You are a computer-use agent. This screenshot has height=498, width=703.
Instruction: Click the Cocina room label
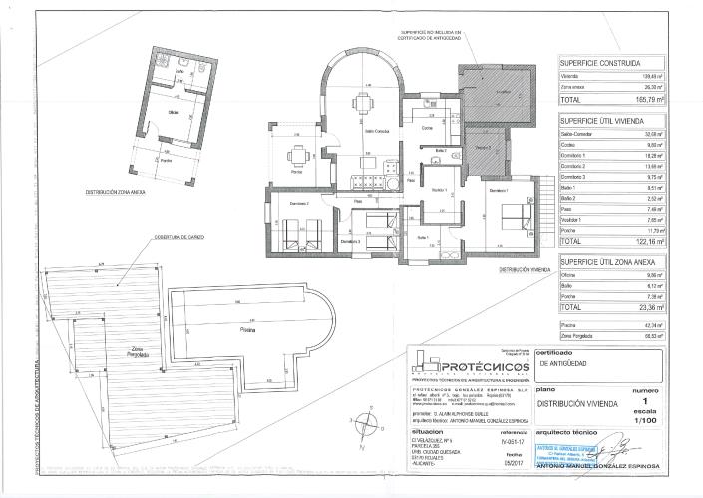coord(426,129)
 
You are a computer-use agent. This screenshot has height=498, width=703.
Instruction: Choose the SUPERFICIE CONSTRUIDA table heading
coord(599,63)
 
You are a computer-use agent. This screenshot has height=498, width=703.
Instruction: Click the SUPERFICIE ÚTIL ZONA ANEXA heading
coord(607,260)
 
